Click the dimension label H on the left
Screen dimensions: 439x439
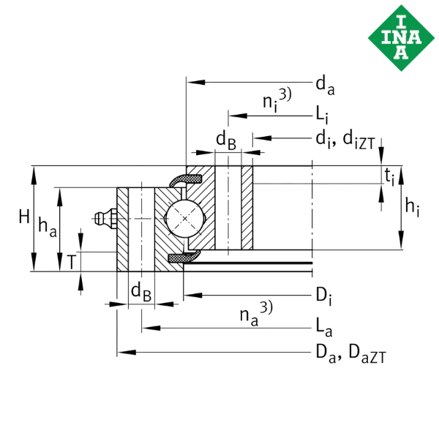(25, 217)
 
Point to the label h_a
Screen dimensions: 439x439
(48, 228)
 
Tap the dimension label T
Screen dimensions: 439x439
(70, 260)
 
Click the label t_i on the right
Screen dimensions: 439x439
(391, 176)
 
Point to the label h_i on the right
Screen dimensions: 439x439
(411, 207)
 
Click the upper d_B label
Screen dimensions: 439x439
(225, 138)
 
